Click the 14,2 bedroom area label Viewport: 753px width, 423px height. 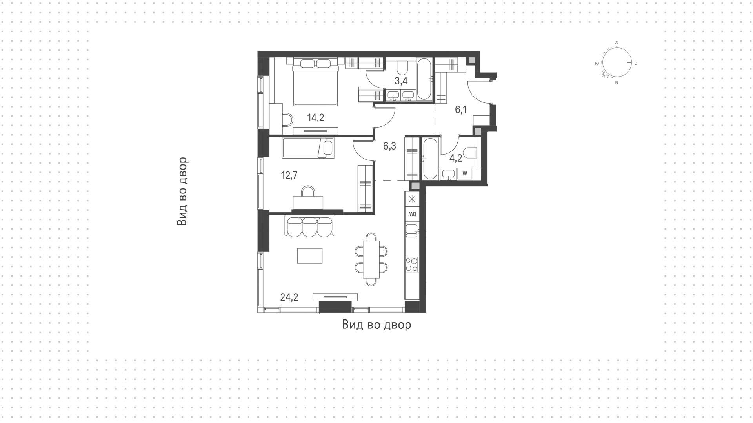coord(316,118)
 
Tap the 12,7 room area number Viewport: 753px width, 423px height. coord(289,175)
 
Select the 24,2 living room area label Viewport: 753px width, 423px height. coord(289,297)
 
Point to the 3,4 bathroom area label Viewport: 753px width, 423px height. coord(401,81)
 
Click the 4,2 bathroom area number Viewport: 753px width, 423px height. coord(456,159)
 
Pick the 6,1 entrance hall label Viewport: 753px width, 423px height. coord(461,110)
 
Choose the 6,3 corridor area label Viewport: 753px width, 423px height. coord(389,146)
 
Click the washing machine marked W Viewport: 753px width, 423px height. coord(465,173)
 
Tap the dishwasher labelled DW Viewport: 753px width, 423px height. coord(412,215)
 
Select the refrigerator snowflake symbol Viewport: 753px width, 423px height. coord(412,199)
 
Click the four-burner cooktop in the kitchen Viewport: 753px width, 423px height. coord(412,264)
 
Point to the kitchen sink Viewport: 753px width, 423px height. coord(411,231)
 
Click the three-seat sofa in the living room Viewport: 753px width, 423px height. coord(309,226)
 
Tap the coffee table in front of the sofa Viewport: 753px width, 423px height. coord(310,256)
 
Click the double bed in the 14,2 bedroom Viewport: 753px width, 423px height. coord(316,82)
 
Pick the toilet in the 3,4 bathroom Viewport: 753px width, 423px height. coord(402,67)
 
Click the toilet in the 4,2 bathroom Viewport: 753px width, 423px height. coord(469,152)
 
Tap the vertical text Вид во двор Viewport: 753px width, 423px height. coord(182,191)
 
